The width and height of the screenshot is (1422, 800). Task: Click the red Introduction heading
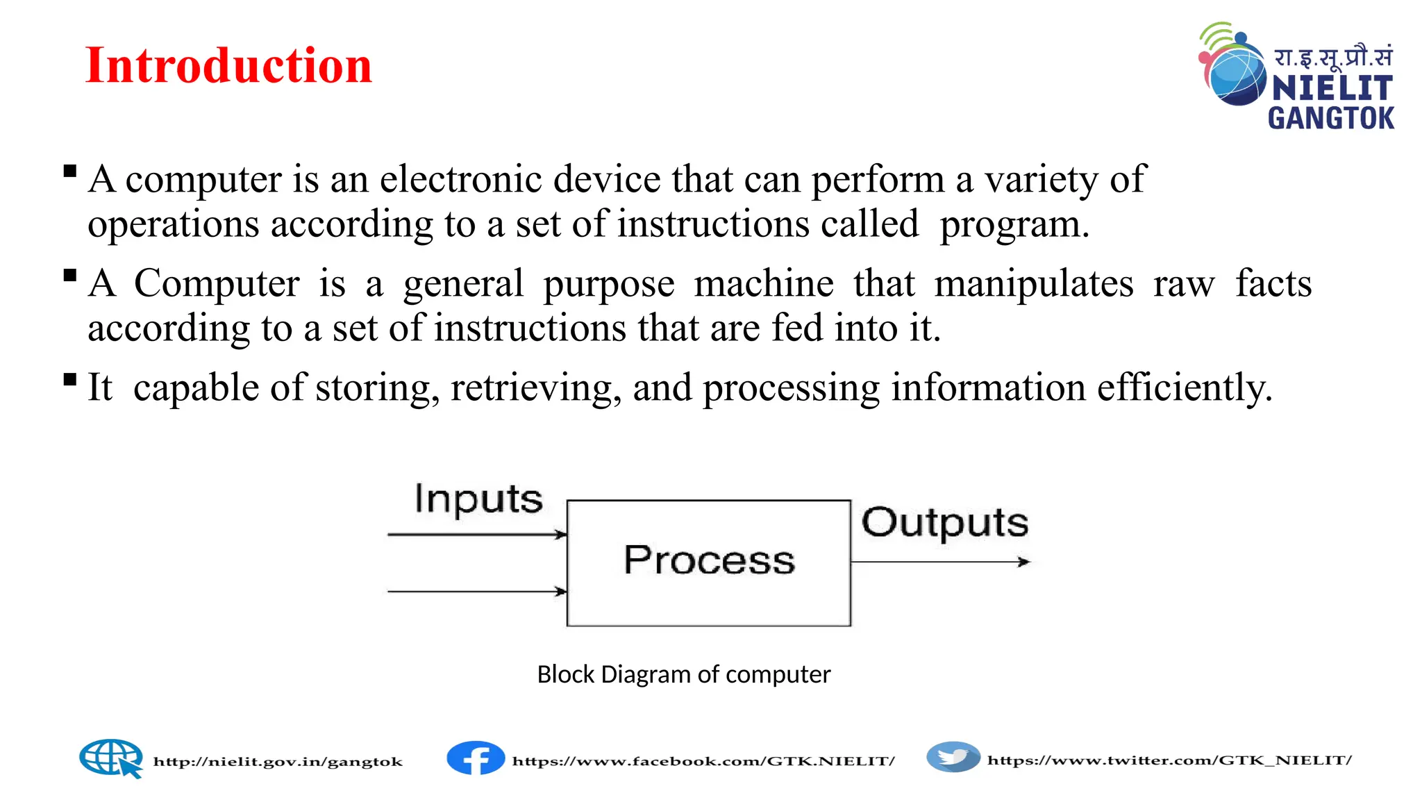click(x=228, y=65)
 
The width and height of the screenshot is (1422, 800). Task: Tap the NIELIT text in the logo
click(x=1332, y=88)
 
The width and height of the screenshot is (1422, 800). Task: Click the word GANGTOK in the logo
click(x=1331, y=118)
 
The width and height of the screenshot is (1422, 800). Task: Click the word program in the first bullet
click(x=1014, y=225)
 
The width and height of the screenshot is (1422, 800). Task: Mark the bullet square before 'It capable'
click(x=69, y=379)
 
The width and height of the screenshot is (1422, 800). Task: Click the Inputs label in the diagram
click(x=478, y=499)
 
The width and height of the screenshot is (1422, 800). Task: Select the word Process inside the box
click(x=709, y=560)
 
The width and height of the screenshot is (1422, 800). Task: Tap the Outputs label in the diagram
click(x=944, y=523)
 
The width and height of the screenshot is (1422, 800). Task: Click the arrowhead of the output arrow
click(x=1024, y=562)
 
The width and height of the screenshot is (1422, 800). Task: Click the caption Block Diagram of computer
click(x=683, y=674)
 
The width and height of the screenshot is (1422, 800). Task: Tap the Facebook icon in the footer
click(x=476, y=758)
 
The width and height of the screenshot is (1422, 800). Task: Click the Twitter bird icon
click(x=953, y=757)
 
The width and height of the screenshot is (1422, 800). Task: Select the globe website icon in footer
click(x=111, y=758)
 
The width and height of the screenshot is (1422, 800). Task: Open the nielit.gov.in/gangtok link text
click(x=278, y=762)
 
